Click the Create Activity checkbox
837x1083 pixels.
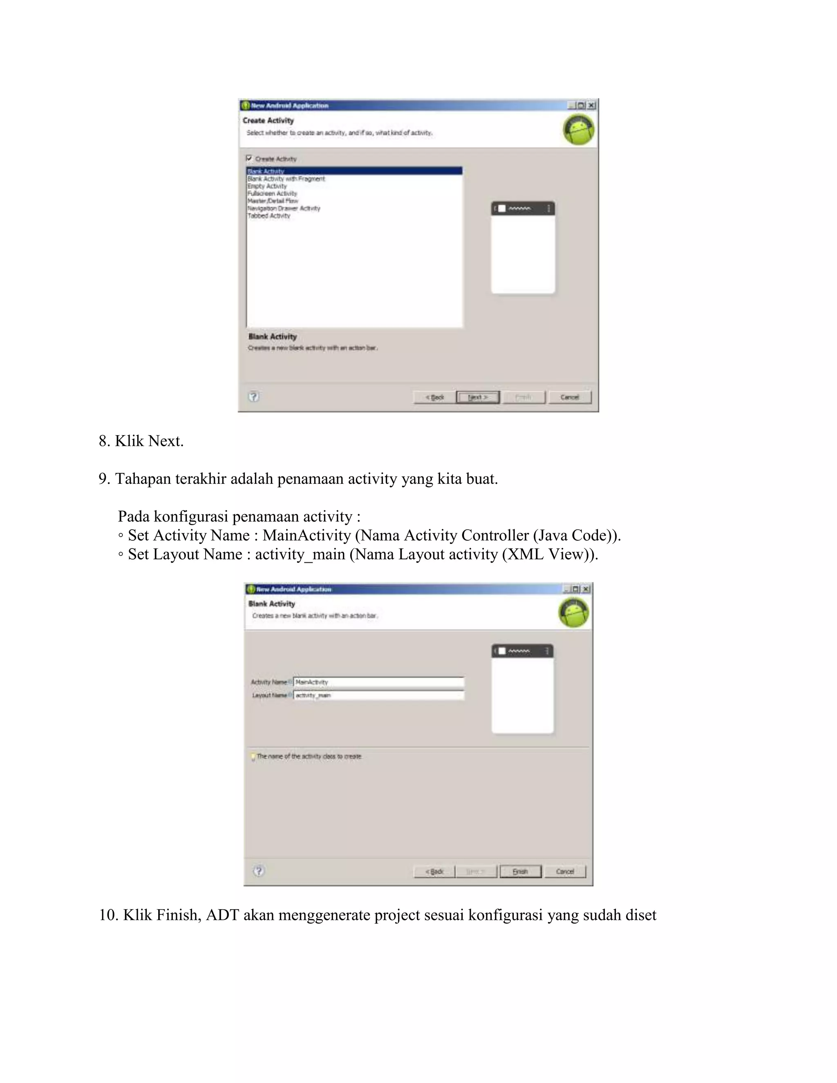click(249, 159)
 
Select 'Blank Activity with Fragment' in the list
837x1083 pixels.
click(286, 179)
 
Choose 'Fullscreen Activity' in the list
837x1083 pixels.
click(272, 193)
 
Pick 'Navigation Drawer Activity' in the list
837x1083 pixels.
click(284, 208)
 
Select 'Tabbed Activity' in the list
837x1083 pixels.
click(269, 216)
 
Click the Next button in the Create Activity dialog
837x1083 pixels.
click(477, 397)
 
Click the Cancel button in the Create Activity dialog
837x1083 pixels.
click(570, 397)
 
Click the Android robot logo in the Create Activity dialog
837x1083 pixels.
click(578, 130)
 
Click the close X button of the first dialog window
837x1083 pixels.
click(591, 105)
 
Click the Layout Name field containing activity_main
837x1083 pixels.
click(379, 695)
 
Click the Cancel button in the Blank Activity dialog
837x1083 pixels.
click(565, 871)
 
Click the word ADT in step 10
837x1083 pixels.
click(222, 915)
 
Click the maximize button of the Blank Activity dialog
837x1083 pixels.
click(575, 589)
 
